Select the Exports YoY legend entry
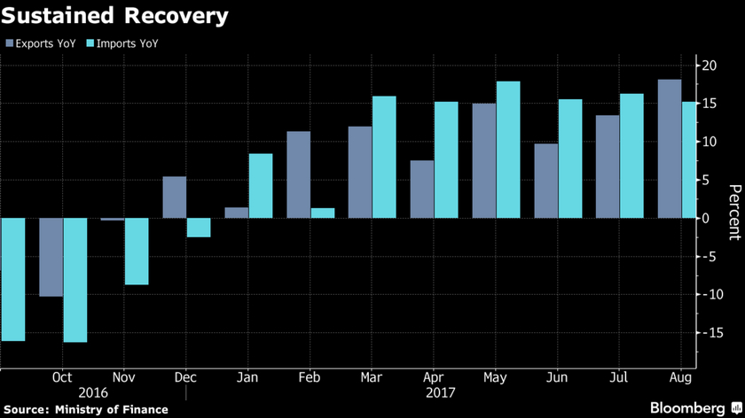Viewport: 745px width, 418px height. pyautogui.click(x=41, y=43)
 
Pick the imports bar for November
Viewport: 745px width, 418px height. pyautogui.click(x=137, y=252)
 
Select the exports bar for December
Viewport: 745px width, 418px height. pyautogui.click(x=175, y=197)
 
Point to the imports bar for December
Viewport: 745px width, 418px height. pyautogui.click(x=199, y=228)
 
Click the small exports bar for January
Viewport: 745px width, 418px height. pyautogui.click(x=237, y=213)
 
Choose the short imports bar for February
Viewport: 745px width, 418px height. pyautogui.click(x=323, y=213)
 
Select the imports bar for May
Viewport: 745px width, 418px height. pyautogui.click(x=508, y=150)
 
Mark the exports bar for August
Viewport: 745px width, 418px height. pyautogui.click(x=670, y=149)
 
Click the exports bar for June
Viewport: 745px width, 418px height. pyautogui.click(x=546, y=181)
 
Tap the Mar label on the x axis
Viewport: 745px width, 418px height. pyautogui.click(x=372, y=376)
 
